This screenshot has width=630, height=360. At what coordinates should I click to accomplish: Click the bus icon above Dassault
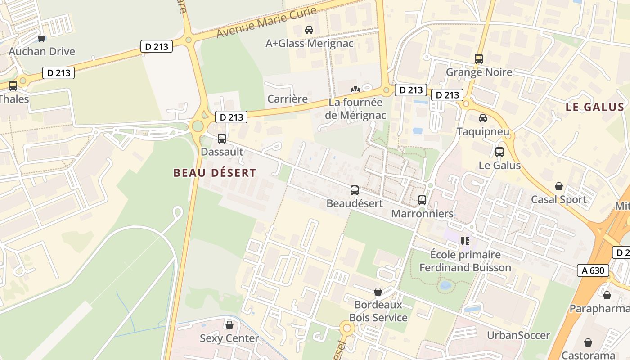[x=222, y=139]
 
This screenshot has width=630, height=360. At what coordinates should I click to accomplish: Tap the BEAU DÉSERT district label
[x=215, y=173]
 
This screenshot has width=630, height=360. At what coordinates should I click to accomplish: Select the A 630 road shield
[x=593, y=270]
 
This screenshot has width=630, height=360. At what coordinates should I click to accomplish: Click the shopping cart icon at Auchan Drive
[x=42, y=39]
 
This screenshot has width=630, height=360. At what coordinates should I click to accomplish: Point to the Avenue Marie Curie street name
[x=266, y=21]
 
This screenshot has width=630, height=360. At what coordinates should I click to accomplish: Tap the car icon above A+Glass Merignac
[x=309, y=30]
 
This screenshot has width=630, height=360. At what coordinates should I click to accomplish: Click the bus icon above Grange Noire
[x=479, y=59]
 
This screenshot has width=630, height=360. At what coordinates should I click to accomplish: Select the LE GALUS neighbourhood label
[x=595, y=107]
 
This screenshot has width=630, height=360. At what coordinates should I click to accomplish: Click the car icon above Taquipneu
[x=483, y=118]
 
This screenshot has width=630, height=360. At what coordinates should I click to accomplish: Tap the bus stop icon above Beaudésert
[x=355, y=190]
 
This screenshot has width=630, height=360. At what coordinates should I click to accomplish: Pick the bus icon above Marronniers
[x=422, y=200]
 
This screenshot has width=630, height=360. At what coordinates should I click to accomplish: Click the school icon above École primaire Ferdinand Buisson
[x=465, y=241]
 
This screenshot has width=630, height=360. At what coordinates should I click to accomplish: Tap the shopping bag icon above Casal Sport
[x=559, y=186]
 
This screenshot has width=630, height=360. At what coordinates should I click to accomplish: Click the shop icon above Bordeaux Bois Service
[x=378, y=292]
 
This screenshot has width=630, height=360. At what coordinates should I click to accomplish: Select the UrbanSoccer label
[x=518, y=335]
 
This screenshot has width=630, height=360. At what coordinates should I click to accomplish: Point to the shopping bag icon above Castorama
[x=588, y=342]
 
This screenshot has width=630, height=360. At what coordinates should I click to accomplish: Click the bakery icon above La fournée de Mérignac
[x=355, y=89]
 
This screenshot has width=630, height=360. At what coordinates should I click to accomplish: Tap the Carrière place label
[x=288, y=99]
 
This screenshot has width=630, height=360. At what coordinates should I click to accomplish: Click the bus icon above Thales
[x=13, y=85]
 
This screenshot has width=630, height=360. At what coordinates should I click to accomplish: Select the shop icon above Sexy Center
[x=229, y=325]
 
